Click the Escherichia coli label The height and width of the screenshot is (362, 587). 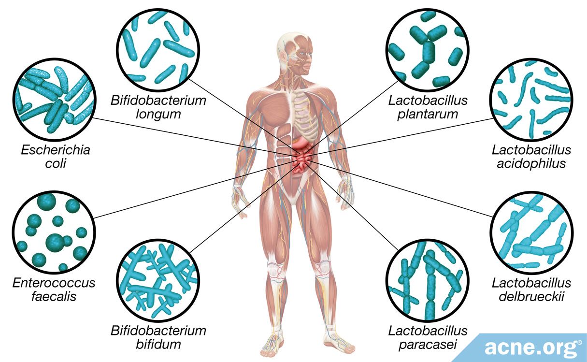coord(55,157)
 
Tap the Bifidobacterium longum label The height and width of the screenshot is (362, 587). coord(158,107)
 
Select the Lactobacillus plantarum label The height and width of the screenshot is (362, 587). coord(428,107)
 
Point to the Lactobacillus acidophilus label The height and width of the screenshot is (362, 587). coord(531,157)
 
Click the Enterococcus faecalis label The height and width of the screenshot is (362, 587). coord(54,290)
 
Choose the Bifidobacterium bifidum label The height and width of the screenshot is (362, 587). coord(158,337)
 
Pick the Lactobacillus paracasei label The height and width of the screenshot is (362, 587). coord(428,337)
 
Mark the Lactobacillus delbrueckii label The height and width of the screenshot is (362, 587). coord(531,290)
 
